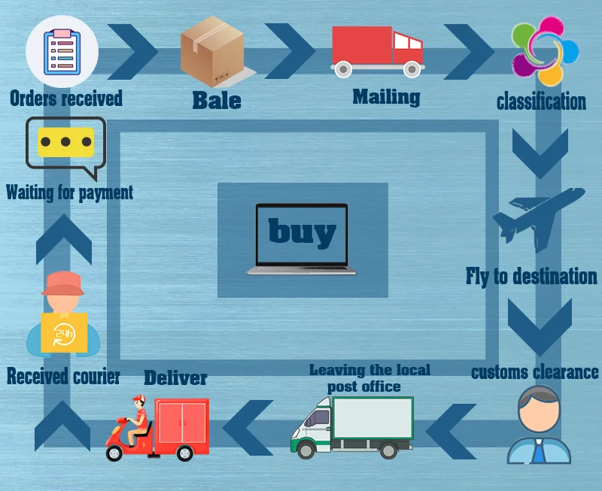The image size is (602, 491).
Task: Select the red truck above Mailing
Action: point(376,51)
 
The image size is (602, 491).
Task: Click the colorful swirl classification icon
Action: point(546,51)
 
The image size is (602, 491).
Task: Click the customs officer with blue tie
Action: point(539,425)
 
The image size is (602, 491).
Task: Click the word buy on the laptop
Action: point(302,231)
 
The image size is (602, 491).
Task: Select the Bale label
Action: point(217,100)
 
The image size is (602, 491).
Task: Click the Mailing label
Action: point(386,96)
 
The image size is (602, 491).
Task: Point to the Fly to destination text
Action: point(531,276)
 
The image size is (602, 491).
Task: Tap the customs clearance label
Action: point(535,371)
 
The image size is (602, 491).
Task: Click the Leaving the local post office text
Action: point(369,377)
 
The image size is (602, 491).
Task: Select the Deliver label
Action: point(175,377)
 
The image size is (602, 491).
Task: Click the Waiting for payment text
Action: point(69,192)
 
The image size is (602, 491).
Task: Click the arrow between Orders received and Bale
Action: point(134,50)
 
